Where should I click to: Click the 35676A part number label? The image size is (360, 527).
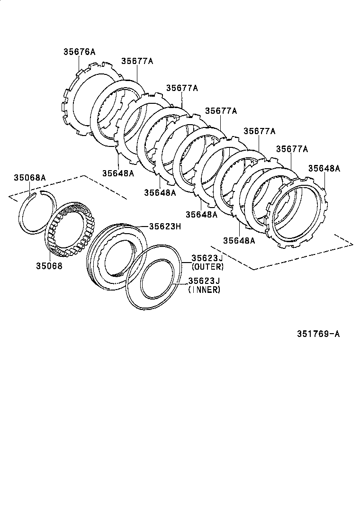tap(79, 52)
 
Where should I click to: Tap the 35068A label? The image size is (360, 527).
tap(29, 178)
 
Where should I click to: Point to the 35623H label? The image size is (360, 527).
tap(165, 227)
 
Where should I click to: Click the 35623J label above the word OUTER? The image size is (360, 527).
tap(207, 258)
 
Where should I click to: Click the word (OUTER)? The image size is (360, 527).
tap(207, 267)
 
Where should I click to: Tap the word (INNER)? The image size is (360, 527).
tap(205, 290)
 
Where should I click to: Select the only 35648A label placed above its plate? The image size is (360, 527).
tap(324, 168)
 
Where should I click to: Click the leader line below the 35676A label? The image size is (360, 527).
tap(79, 64)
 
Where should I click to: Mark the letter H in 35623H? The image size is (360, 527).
tap(179, 227)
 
